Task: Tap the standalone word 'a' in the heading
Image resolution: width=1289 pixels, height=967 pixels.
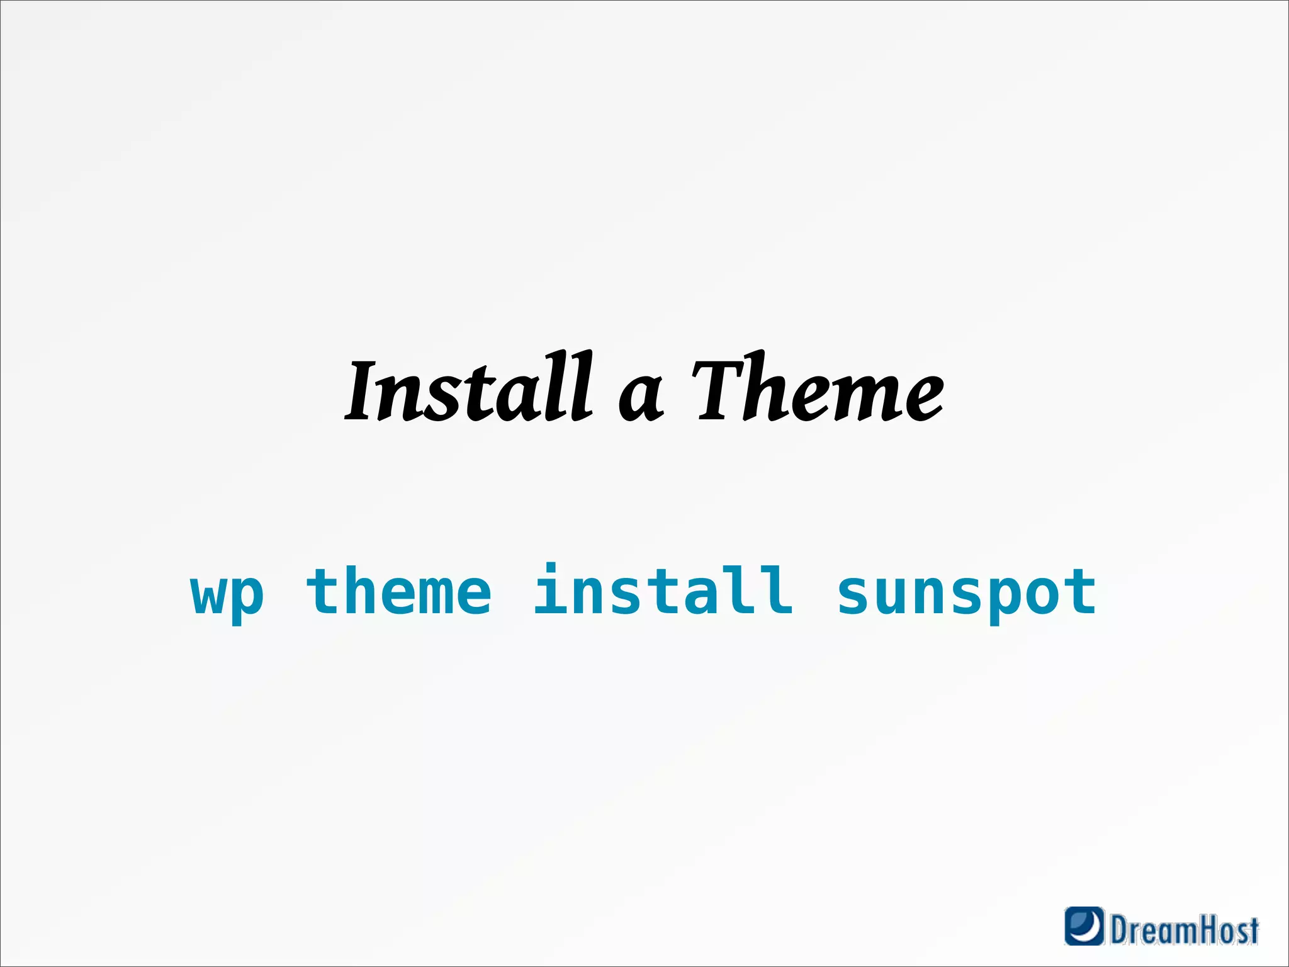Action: tap(641, 397)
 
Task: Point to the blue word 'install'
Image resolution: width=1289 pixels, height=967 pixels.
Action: tap(663, 589)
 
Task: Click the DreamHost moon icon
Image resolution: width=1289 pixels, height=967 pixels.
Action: tap(1084, 925)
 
